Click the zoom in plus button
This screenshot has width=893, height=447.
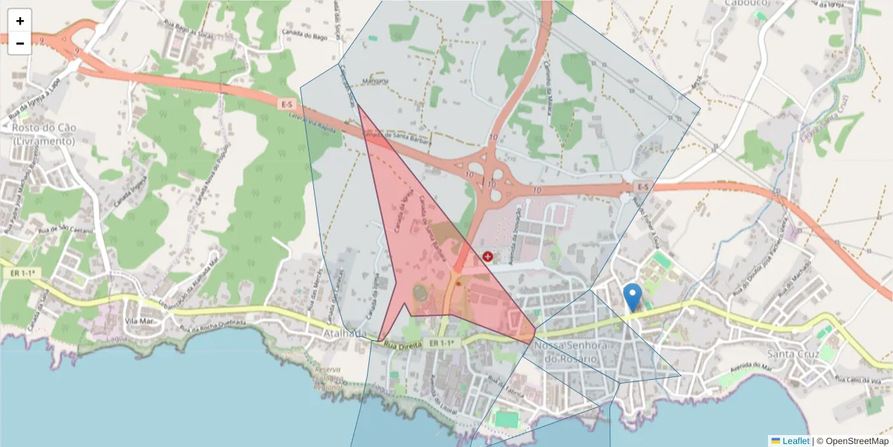click(x=20, y=21)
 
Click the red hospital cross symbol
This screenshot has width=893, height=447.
click(x=487, y=256)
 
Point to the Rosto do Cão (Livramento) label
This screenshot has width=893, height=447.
click(x=44, y=134)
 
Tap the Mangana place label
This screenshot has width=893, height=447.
click(x=375, y=80)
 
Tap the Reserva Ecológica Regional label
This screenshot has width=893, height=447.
click(x=328, y=378)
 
